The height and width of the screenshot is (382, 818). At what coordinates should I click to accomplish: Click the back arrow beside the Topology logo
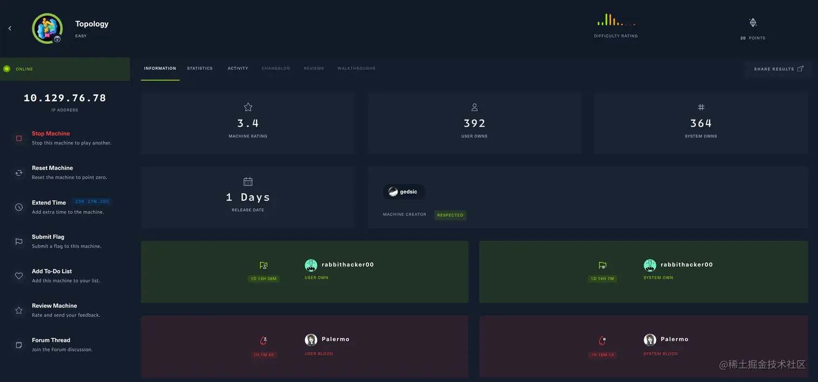10,28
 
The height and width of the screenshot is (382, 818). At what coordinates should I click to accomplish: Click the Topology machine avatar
47,28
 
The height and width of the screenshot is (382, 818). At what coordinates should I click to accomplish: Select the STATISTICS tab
200,69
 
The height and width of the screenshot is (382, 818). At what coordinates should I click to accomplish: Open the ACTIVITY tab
238,69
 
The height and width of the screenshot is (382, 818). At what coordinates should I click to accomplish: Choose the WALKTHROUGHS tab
356,69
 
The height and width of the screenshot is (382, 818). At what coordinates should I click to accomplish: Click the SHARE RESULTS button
778,69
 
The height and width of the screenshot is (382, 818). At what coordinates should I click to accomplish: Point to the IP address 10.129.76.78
65,98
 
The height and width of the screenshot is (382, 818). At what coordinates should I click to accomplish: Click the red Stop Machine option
51,134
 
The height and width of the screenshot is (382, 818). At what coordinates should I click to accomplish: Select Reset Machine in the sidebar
52,168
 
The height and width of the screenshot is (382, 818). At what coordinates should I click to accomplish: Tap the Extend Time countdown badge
92,202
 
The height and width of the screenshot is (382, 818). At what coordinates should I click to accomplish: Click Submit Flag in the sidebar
48,237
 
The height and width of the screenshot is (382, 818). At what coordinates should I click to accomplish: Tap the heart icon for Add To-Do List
19,276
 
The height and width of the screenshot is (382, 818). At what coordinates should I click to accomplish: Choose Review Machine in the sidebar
54,306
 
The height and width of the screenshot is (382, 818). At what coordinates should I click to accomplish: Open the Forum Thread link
51,340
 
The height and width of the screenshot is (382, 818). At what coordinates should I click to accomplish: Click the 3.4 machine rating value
248,123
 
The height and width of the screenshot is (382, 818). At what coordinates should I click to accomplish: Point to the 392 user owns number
474,123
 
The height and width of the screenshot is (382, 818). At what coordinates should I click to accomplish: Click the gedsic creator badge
404,192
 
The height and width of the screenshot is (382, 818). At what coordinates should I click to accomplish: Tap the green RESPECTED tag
450,215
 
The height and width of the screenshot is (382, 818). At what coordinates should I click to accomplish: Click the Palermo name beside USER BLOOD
335,339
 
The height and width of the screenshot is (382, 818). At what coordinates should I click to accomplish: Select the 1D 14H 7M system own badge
602,279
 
